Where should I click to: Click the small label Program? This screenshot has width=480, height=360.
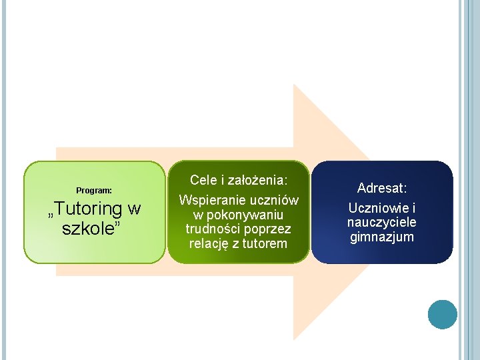tap(94, 191)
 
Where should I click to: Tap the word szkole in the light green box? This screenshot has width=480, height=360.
tap(88, 229)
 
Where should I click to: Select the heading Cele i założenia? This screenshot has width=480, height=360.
tap(239, 180)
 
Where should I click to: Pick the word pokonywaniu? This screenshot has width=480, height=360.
tap(245, 215)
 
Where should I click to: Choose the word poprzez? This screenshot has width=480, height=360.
tap(268, 229)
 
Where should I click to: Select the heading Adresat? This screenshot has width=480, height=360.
tap(382, 188)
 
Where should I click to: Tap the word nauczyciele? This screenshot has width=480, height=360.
tap(382, 222)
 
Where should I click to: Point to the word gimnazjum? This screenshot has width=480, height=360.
tap(382, 237)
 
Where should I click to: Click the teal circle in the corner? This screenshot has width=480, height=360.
tap(442, 314)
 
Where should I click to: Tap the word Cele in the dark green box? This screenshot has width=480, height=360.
tap(203, 180)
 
